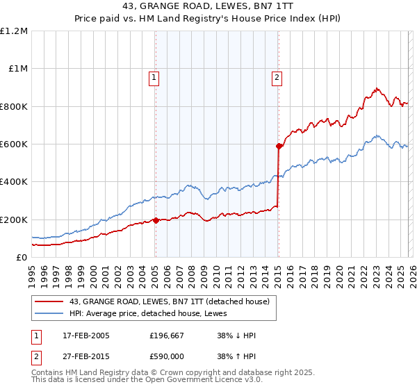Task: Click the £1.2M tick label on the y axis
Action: click(14, 31)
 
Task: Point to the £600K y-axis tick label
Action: click(14, 144)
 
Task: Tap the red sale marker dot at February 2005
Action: click(156, 220)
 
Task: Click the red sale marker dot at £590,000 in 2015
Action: click(279, 147)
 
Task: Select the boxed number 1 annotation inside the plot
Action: click(153, 78)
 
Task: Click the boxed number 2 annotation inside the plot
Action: click(277, 78)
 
